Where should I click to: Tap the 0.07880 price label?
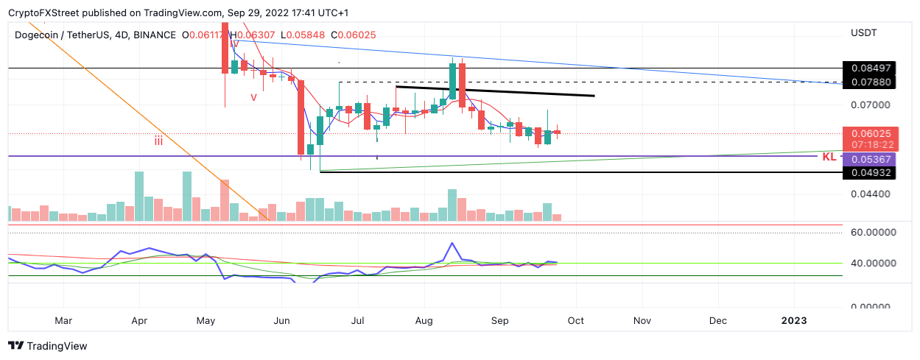[870, 82]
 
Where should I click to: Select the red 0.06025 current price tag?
[870, 134]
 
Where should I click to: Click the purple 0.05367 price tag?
[870, 159]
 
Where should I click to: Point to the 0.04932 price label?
[870, 172]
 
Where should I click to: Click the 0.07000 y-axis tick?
[870, 105]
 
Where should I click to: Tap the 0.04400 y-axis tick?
[870, 194]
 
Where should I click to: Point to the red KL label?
[829, 158]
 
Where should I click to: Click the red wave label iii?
[158, 141]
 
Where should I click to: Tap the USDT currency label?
[863, 33]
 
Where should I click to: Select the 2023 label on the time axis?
[794, 321]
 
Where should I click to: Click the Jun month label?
[281, 321]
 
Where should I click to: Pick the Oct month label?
[576, 321]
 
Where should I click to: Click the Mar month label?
[64, 321]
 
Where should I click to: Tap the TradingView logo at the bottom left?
[48, 345]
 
